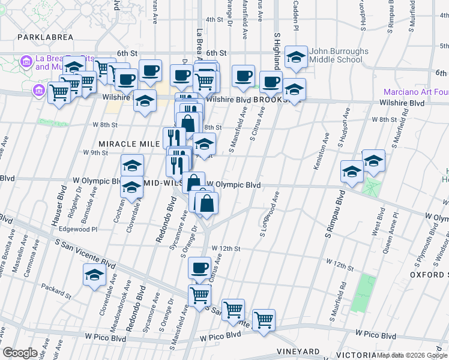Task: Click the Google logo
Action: tap(19, 353)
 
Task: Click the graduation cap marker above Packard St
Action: tap(95, 276)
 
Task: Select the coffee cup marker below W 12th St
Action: tap(199, 268)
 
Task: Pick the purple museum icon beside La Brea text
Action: tap(26, 61)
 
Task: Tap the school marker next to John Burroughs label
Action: tap(296, 57)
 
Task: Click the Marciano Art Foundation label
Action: tap(416, 92)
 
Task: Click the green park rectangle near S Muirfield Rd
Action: tap(360, 295)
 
